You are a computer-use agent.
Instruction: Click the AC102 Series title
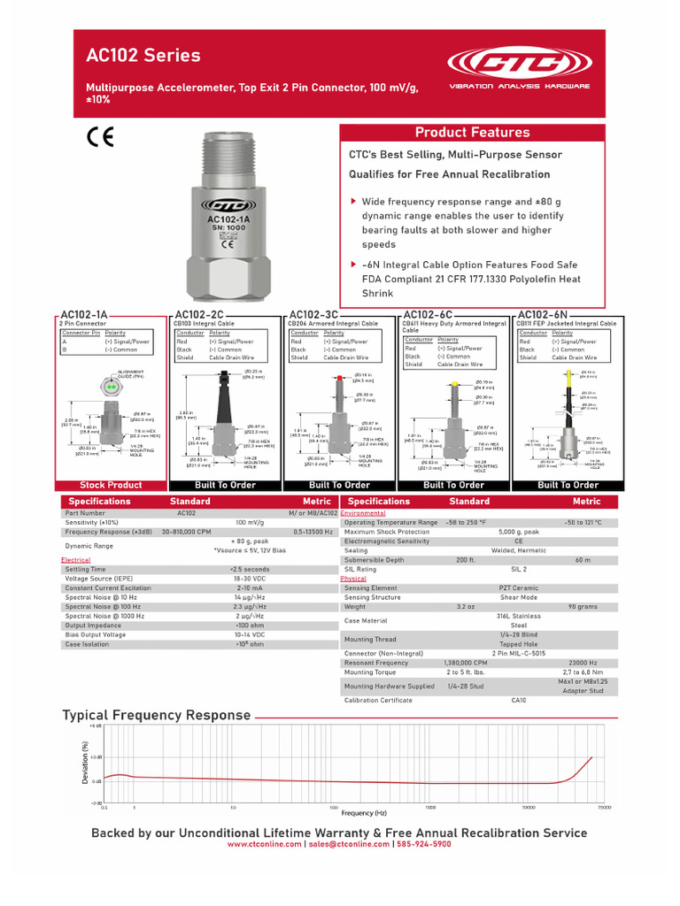coord(143,56)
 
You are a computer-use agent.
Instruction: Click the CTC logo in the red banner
coord(519,65)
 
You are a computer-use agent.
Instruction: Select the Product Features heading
coord(473,133)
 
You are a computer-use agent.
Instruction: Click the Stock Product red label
coord(111,485)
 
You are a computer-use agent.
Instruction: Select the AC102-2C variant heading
coord(198,314)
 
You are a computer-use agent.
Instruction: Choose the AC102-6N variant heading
coord(542,314)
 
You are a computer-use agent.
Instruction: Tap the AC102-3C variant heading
coord(313,314)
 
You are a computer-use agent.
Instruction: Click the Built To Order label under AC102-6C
coord(453,485)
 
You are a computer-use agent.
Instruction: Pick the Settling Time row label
coord(86,570)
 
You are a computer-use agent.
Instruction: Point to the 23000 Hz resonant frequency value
coord(582,663)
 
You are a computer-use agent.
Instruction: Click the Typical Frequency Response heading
coord(156,715)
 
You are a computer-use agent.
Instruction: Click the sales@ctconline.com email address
coord(348,844)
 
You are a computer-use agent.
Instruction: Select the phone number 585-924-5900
coord(423,844)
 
